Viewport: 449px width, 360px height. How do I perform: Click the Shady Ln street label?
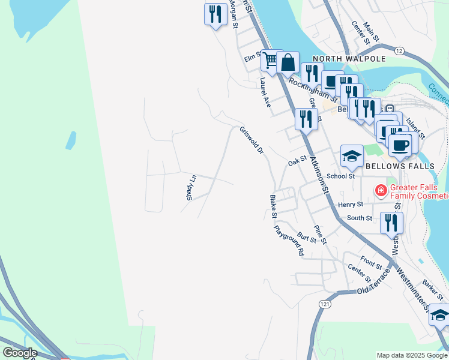[x=191, y=187]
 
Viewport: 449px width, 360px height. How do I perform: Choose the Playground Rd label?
[x=289, y=241]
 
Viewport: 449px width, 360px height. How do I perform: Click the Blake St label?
[x=273, y=206]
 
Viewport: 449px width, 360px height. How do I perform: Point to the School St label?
[x=343, y=176]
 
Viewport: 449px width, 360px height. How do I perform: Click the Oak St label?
[x=297, y=161]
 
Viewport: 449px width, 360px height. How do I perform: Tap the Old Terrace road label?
[x=374, y=282]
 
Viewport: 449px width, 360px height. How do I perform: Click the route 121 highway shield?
[x=325, y=305]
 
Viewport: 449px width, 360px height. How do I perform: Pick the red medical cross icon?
[x=380, y=191]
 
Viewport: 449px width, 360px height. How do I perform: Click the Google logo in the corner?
[x=20, y=353]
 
